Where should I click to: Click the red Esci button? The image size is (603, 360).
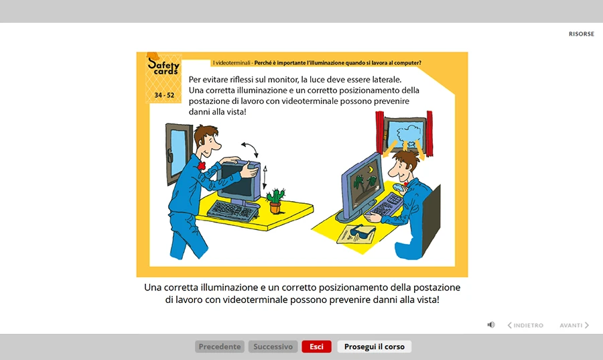point(316,347)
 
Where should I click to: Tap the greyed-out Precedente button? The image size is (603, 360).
point(220,347)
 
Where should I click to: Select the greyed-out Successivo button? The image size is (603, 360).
point(273,347)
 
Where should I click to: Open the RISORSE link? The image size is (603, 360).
point(582,34)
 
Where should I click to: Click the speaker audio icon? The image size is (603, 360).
point(491,325)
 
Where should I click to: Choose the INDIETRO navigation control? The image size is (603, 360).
point(525,325)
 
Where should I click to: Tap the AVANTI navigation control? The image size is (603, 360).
point(574,325)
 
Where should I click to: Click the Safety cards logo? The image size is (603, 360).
point(163,66)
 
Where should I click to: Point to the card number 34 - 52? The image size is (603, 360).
point(164,95)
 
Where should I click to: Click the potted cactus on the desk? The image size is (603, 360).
point(275,200)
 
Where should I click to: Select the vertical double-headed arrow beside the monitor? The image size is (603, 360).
point(265,177)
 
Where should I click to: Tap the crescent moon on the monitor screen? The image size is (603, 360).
point(371,169)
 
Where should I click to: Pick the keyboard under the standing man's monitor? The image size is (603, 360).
point(232,211)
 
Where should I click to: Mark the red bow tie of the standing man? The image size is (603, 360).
point(201,166)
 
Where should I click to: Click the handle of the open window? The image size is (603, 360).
point(170,156)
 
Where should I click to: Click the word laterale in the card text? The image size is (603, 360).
point(387,80)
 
